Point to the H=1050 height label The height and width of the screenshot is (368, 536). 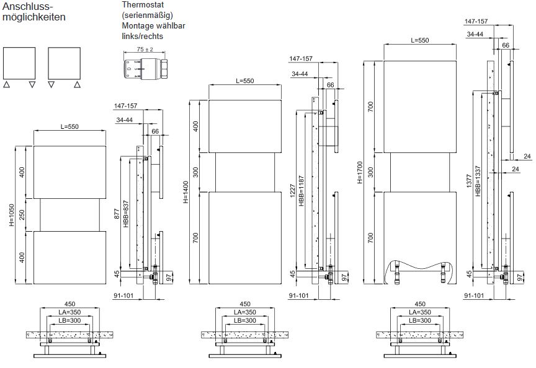pos(12,214)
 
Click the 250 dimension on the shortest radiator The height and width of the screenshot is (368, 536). pos(22,214)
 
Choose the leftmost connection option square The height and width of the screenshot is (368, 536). pos(19,63)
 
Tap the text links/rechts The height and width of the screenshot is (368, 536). pos(143,37)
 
